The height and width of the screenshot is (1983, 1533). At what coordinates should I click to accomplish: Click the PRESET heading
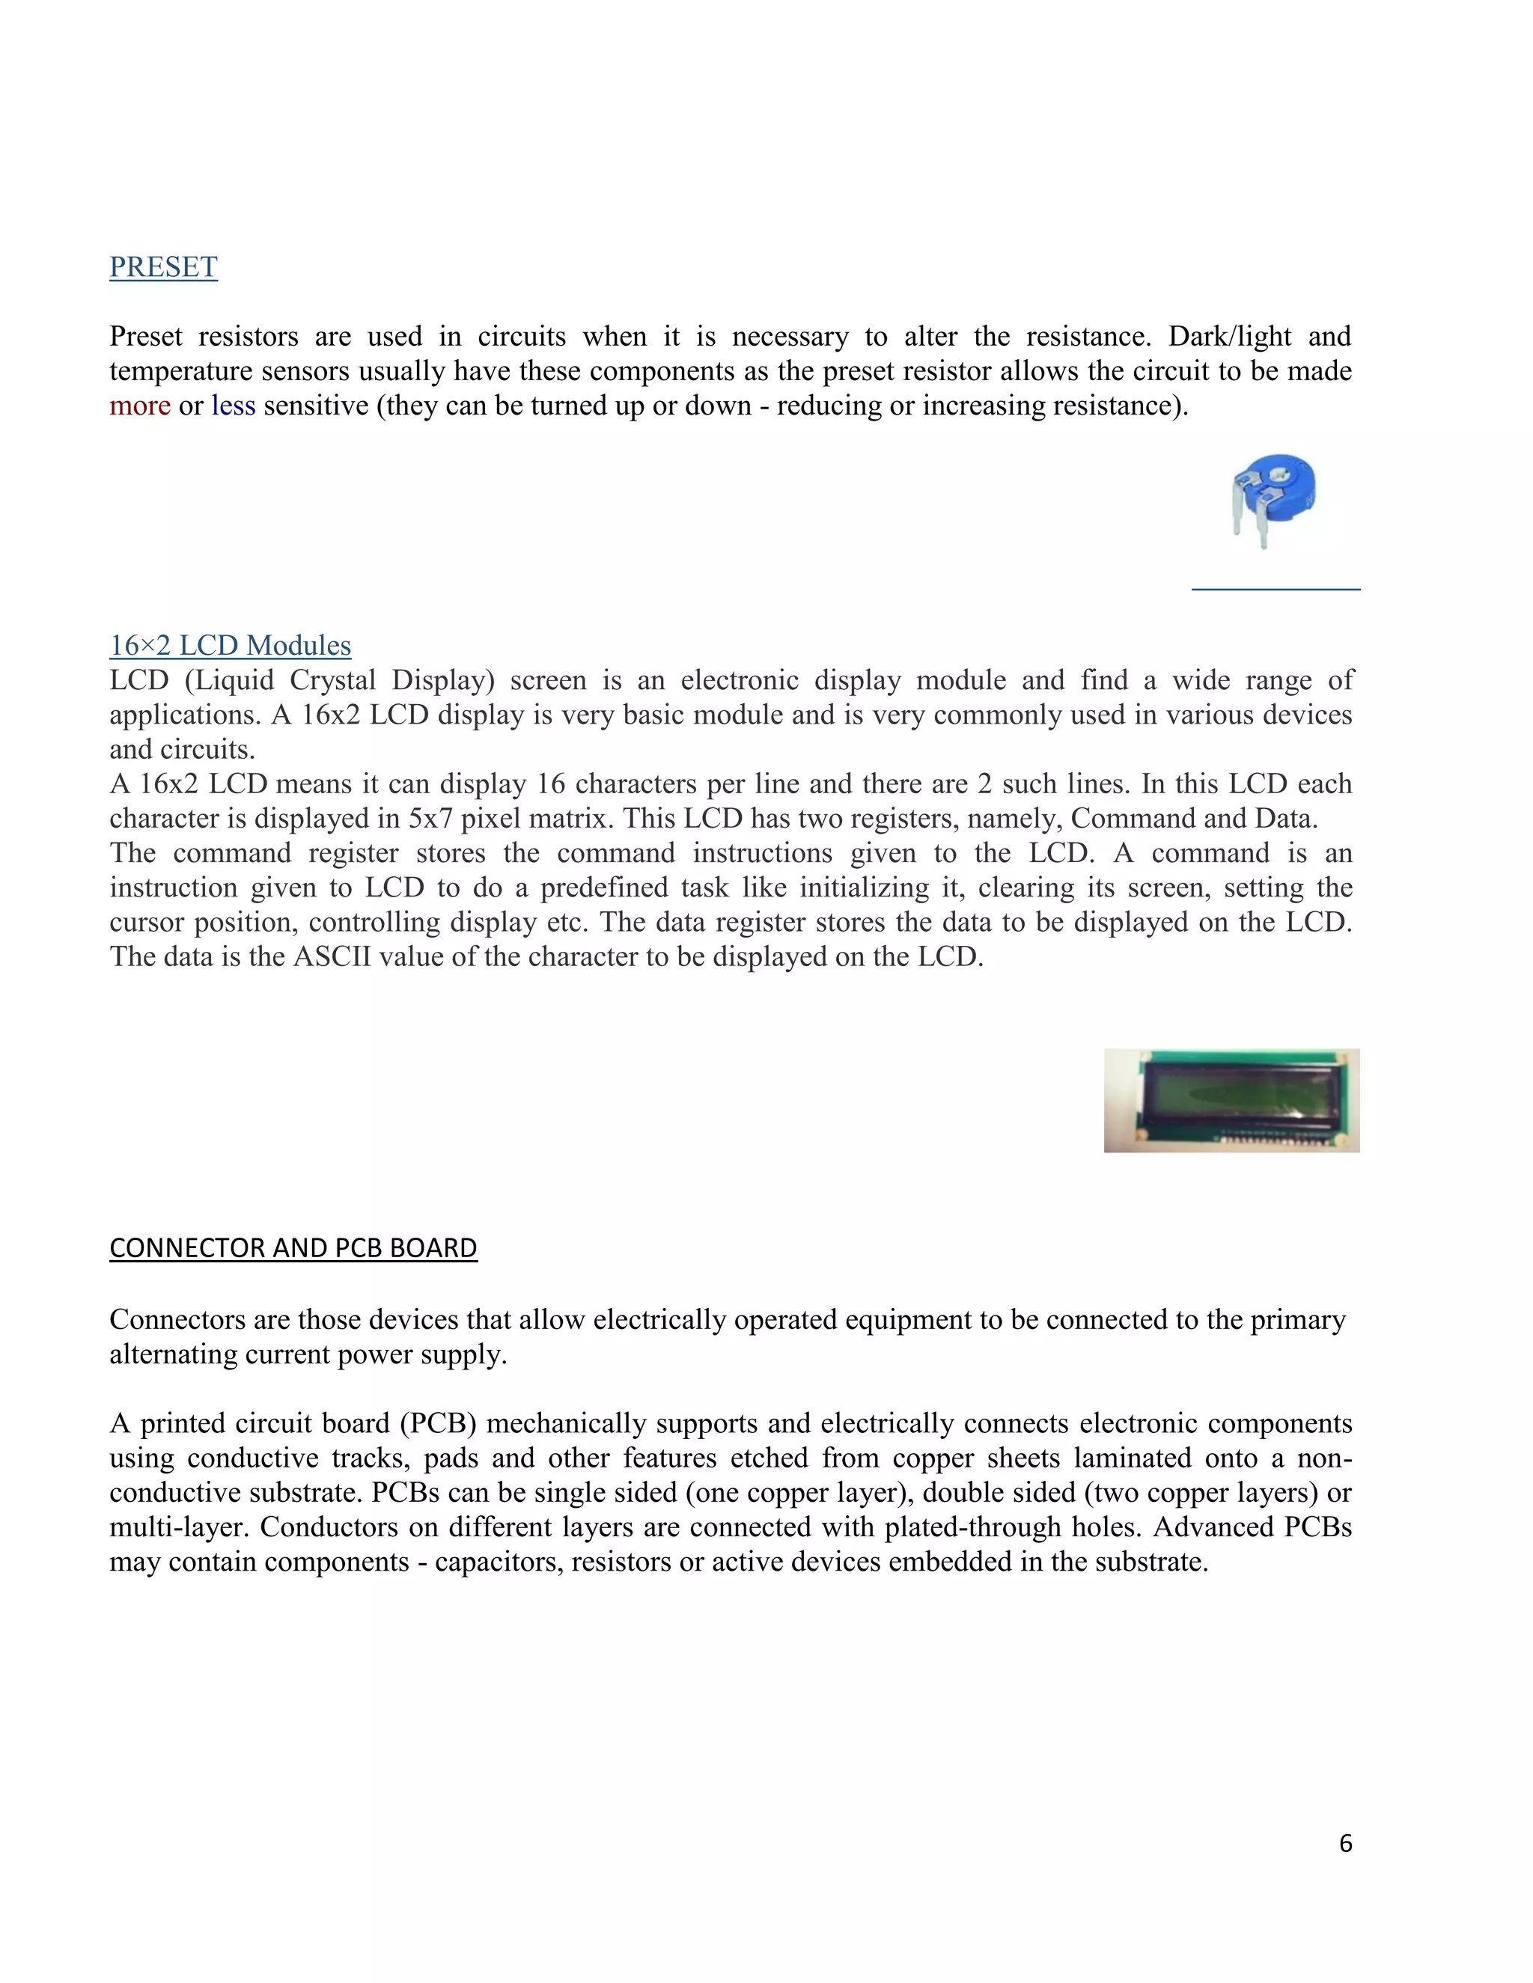tap(163, 267)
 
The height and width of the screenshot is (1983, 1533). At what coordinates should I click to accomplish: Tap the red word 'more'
tap(140, 406)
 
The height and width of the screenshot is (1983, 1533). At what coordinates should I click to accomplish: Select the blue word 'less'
tap(234, 406)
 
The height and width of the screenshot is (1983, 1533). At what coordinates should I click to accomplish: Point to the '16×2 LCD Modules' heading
tap(230, 646)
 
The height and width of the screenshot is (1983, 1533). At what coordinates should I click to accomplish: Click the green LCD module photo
tap(1231, 1101)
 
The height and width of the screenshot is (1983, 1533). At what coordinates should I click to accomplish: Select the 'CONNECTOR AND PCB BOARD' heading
tap(293, 1248)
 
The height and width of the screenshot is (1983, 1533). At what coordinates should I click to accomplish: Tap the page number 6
tap(1345, 1843)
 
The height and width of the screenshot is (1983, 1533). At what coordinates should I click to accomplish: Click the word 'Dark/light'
tap(1229, 337)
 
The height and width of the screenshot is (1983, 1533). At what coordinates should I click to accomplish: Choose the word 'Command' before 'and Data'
tap(1133, 819)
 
